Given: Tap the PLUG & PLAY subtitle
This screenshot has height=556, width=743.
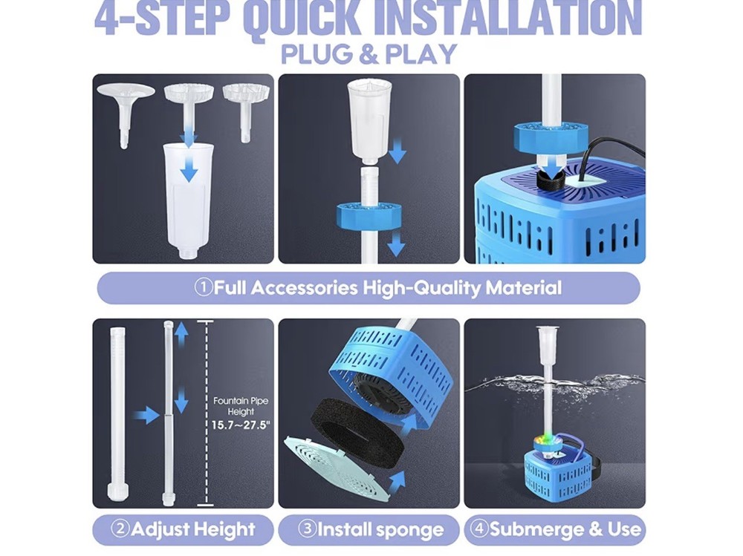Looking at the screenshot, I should click(369, 55).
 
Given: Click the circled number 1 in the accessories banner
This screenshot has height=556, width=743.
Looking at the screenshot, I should click(204, 288).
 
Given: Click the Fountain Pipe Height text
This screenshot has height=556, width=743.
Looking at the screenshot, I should click(241, 406).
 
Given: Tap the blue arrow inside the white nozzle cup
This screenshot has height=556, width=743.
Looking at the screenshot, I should click(190, 170).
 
